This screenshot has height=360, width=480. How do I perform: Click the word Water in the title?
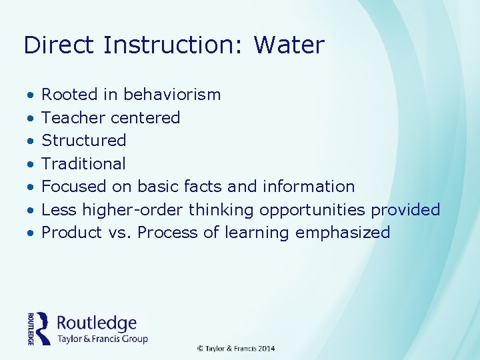pos(289,45)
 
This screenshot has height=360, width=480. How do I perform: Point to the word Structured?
pos(84,141)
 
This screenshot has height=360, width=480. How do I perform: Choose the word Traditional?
pos(83,163)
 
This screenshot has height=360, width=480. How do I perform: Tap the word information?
pos(309,187)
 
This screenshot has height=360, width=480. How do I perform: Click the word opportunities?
pos(312,210)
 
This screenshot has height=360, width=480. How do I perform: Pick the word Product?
pos(69,233)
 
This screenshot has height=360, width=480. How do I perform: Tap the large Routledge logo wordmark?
pos(97,323)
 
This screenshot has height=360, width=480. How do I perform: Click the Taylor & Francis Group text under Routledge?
pos(102,339)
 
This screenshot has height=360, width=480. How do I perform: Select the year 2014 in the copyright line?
pos(266,349)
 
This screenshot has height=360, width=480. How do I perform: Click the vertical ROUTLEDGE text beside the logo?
pos(31,329)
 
